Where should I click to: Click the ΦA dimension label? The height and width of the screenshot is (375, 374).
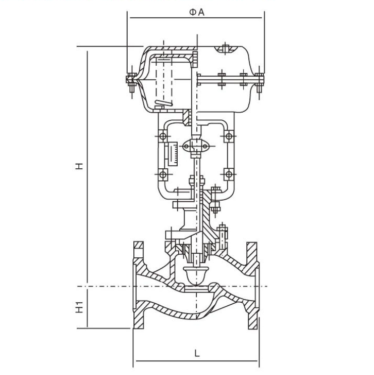[197, 12]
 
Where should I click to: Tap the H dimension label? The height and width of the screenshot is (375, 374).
[79, 166]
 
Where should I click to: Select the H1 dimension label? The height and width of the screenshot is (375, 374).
[79, 307]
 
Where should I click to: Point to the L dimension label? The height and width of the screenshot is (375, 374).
[196, 353]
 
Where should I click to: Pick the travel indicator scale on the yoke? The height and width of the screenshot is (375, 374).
[173, 154]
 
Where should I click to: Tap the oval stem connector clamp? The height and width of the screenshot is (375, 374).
[196, 146]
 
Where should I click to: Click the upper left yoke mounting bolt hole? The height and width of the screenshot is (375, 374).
[163, 136]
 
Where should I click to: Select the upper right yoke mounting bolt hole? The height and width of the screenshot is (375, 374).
[229, 136]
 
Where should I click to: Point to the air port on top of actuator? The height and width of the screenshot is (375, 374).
[226, 49]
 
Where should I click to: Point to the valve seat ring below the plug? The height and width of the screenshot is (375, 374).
[197, 289]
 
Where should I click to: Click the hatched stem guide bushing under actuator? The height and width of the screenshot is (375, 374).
[187, 118]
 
